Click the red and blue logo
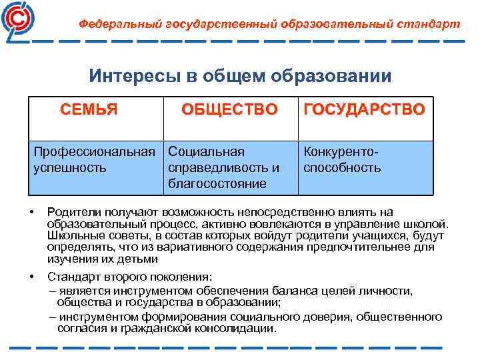[20, 20]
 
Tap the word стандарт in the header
[429, 24]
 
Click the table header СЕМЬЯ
[89, 109]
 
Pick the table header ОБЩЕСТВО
[229, 109]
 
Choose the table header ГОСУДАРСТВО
[364, 109]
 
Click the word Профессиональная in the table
[99, 152]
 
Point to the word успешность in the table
[70, 167]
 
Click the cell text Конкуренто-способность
[342, 160]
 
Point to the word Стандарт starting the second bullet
[75, 276]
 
